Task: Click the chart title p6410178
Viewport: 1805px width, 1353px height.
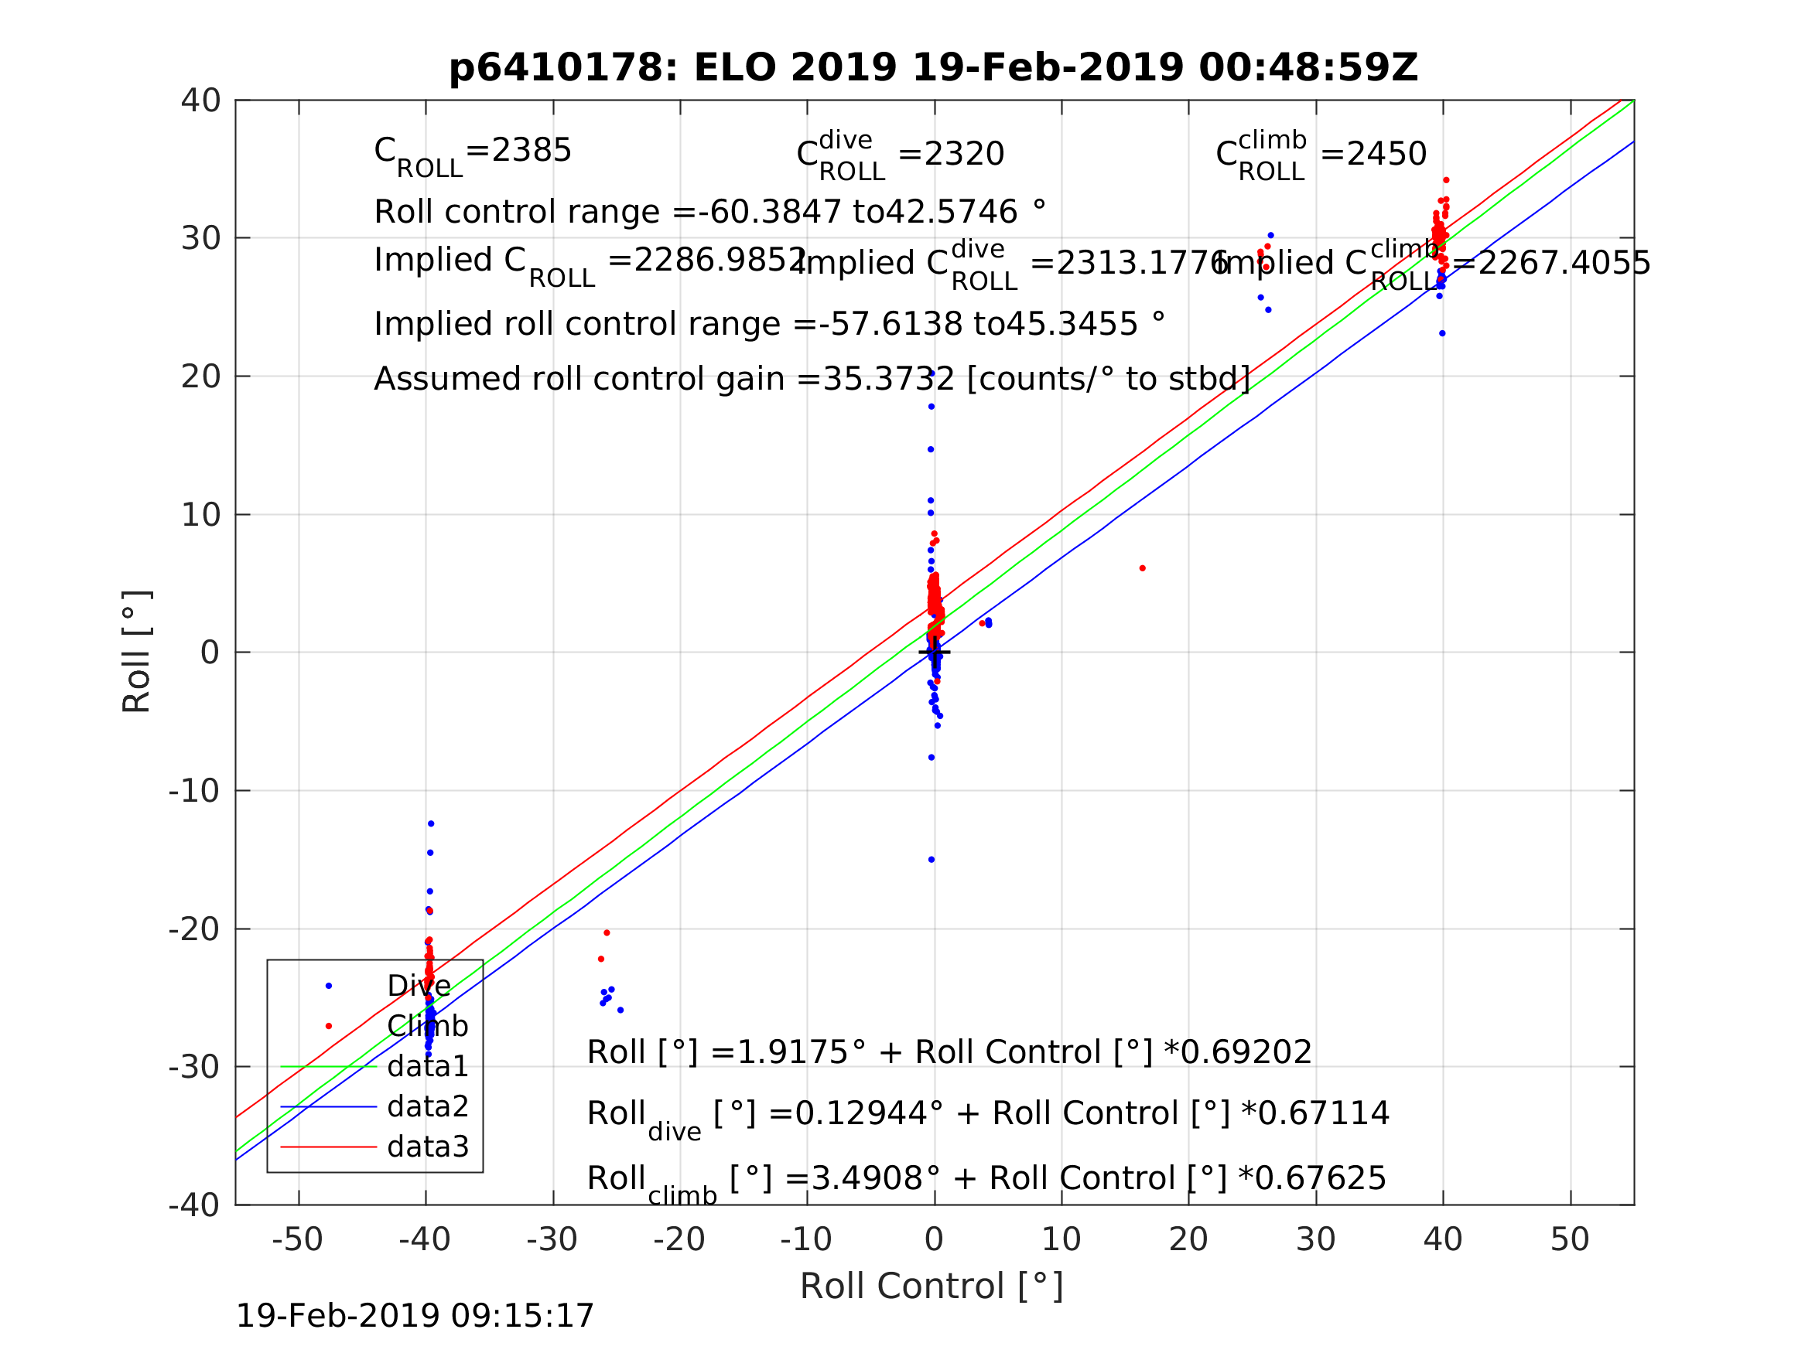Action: (934, 68)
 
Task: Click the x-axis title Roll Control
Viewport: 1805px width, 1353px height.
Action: (931, 1287)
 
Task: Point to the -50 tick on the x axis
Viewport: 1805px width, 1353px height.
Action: (298, 1239)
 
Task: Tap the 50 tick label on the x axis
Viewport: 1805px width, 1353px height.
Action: (1570, 1239)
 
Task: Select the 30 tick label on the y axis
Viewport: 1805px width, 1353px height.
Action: (200, 238)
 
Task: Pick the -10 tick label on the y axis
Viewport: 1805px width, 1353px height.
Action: (194, 791)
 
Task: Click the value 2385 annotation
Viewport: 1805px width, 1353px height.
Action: (531, 151)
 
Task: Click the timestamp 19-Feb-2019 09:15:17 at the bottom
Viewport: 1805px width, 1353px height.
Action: (415, 1317)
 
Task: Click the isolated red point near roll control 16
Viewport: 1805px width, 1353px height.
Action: (1143, 568)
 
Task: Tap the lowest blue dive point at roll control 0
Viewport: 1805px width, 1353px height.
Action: (931, 860)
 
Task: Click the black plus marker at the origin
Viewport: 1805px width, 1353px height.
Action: (935, 653)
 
